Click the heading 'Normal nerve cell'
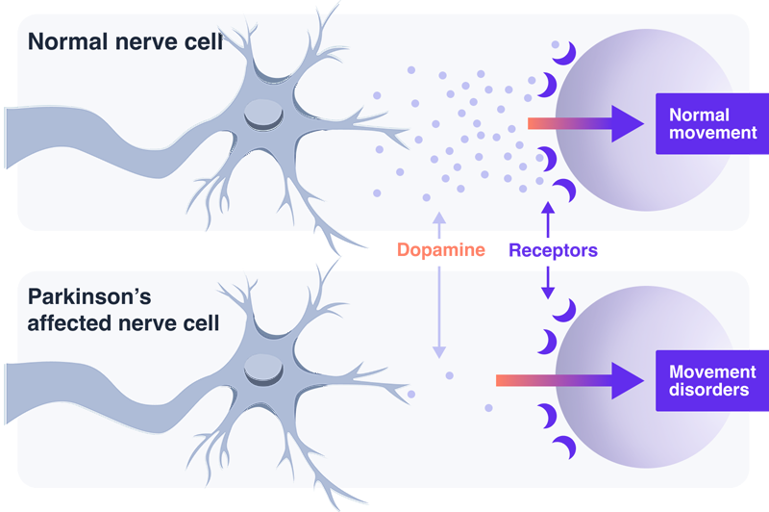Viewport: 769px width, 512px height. [124, 42]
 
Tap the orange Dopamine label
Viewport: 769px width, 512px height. [436, 250]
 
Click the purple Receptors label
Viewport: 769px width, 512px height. [553, 250]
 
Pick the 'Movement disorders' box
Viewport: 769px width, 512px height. [712, 381]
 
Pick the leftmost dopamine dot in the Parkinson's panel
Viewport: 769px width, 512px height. [412, 394]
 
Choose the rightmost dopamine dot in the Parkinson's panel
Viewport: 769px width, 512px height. [488, 408]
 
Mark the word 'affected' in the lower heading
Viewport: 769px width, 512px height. [65, 322]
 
